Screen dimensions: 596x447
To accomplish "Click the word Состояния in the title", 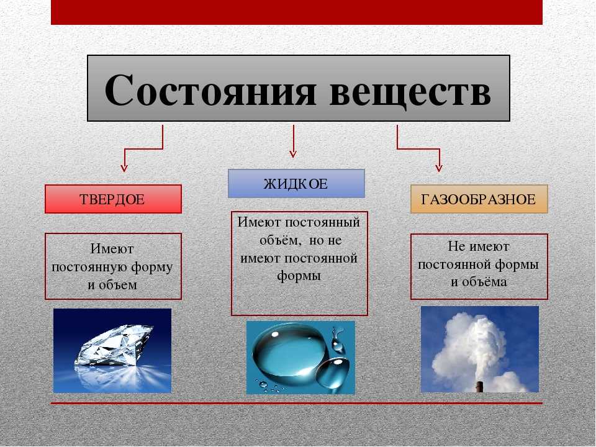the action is [x=210, y=89].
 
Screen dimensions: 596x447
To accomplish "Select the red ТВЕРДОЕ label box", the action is [x=113, y=199].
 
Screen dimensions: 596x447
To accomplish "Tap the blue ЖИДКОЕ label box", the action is [x=296, y=184].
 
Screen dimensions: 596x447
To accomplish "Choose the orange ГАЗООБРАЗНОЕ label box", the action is [x=479, y=199].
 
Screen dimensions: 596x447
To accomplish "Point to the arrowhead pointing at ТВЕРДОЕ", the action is [x=124, y=167].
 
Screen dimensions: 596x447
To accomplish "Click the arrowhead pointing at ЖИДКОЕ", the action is [x=292, y=153].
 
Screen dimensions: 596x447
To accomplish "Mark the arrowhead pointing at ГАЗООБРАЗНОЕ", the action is [x=439, y=167].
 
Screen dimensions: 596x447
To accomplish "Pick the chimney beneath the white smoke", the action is [x=479, y=386].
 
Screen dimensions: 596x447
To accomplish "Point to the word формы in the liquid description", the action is [x=299, y=276].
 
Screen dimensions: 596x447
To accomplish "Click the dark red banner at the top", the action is [x=297, y=12].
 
